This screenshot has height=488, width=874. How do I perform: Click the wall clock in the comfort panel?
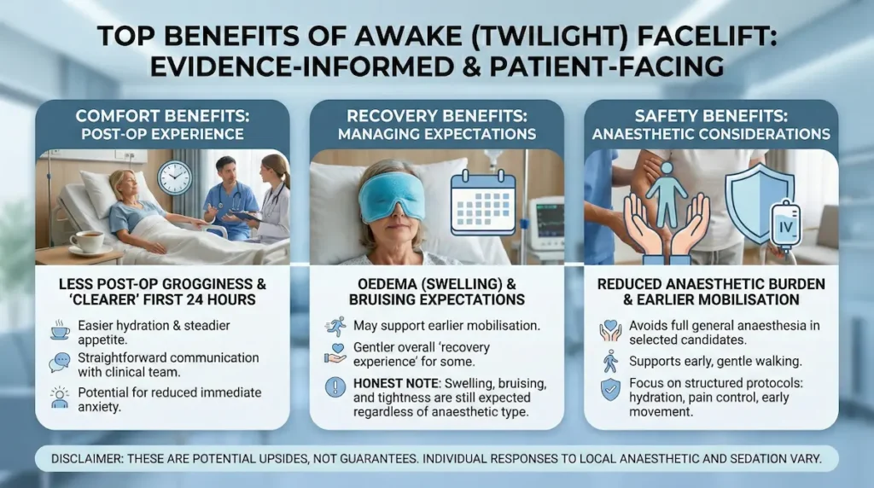[x=175, y=177]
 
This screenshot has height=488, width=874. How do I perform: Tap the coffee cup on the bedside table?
[x=85, y=241]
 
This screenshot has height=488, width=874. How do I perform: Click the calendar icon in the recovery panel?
[x=483, y=203]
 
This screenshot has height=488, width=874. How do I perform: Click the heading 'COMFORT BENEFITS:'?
[x=161, y=115]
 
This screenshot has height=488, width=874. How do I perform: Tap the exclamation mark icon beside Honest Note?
[x=335, y=385]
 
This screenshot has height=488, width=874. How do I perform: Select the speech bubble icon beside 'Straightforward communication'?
[x=59, y=363]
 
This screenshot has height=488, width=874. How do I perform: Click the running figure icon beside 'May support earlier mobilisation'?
[x=335, y=326]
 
